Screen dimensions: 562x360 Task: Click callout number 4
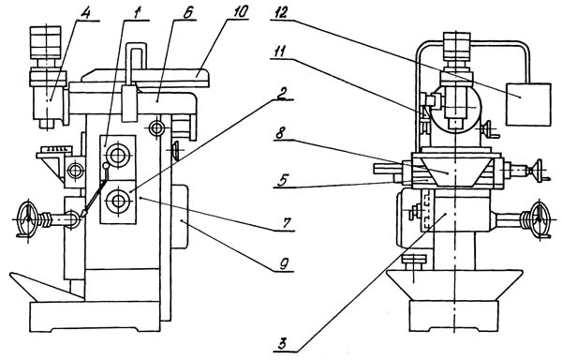[85, 13]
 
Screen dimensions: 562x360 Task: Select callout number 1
[137, 13]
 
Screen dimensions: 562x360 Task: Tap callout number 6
[187, 13]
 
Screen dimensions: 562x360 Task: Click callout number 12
[279, 13]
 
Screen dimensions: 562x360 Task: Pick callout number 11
[278, 52]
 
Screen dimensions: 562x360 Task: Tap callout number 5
[283, 180]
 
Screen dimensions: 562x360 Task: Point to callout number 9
[284, 264]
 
